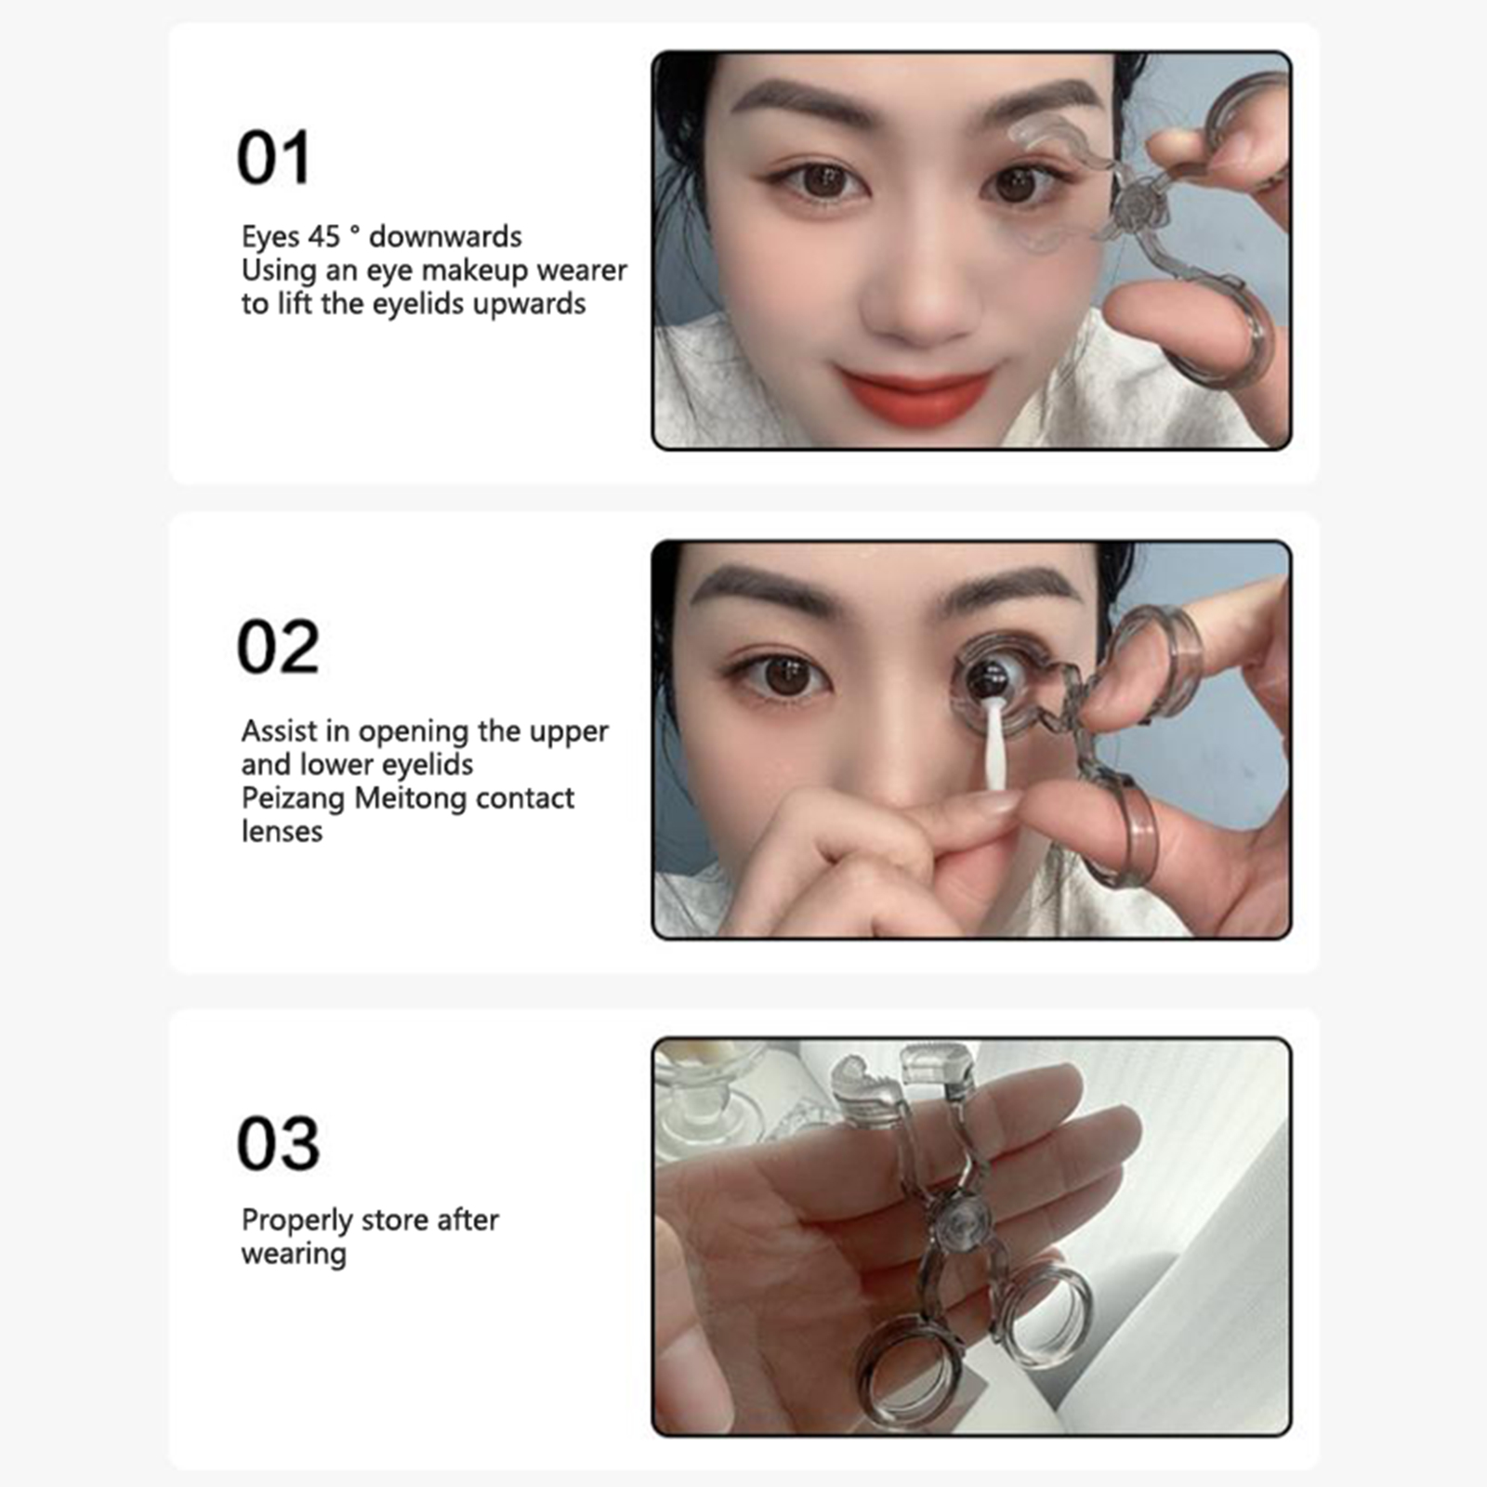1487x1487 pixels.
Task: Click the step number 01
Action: click(273, 157)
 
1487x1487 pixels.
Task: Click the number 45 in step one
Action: click(323, 237)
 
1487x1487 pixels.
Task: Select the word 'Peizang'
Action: click(294, 799)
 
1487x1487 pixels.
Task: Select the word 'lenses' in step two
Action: click(282, 832)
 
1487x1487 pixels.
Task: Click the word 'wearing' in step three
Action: click(294, 1255)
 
